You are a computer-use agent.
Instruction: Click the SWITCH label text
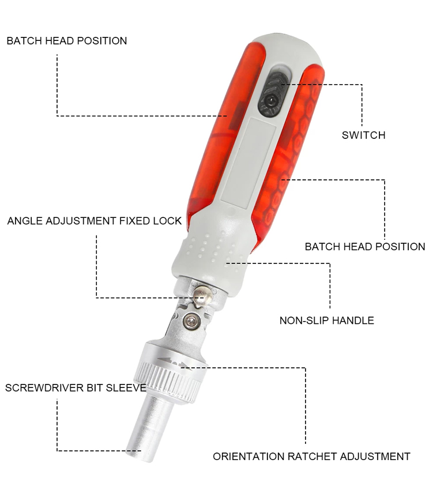pos(363,135)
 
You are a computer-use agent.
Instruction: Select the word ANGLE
pos(25,221)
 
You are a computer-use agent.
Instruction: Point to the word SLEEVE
pos(126,388)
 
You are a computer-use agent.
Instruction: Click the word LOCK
pos(167,221)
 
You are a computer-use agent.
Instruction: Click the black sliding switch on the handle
pos(273,94)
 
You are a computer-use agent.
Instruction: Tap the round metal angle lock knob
pos(202,296)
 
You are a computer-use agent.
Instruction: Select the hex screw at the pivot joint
pos(191,321)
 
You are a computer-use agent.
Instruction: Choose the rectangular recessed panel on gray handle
pos(247,161)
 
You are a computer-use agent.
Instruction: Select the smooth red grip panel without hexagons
pos(224,131)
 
